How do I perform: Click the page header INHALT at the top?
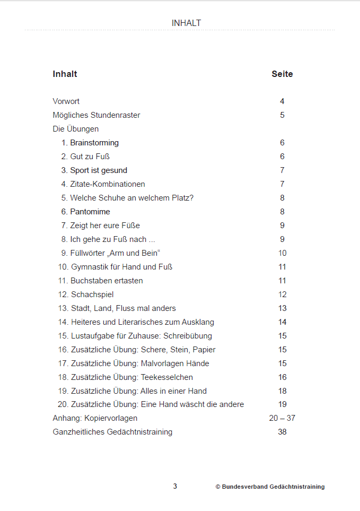point(186,23)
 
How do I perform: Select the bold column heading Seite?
point(282,74)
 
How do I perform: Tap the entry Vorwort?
point(66,101)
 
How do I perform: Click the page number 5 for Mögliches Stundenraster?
point(282,115)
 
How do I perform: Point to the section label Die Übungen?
point(75,129)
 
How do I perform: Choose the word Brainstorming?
point(94,143)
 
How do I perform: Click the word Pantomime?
point(90,212)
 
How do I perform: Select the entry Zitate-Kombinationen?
point(108,184)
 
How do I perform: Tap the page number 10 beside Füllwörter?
point(282,253)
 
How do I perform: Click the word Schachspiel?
point(92,295)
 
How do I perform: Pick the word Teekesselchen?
point(166,377)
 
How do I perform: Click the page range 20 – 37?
point(282,418)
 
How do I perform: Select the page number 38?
point(282,432)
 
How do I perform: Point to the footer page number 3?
point(175,487)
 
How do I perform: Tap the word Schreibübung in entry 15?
point(188,336)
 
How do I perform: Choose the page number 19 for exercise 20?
point(282,404)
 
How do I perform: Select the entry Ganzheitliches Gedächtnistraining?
point(112,432)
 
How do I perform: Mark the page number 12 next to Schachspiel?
point(282,295)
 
